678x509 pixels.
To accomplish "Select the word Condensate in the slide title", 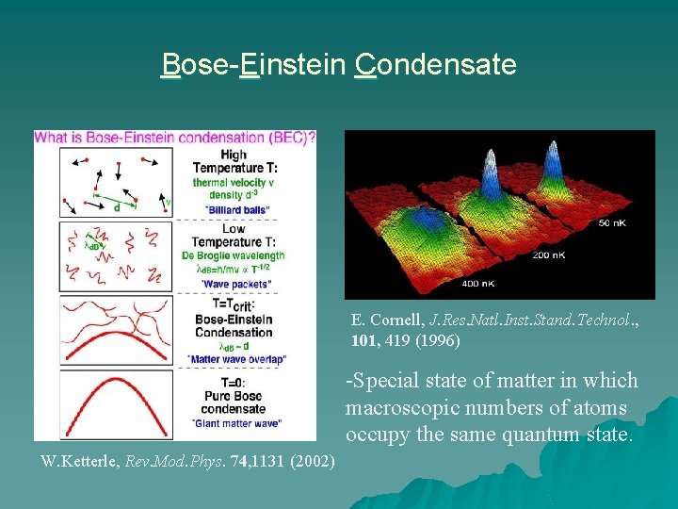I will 435,65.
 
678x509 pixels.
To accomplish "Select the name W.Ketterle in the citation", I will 78,462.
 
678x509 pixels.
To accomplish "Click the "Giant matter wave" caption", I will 233,422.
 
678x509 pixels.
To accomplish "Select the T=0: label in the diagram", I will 233,384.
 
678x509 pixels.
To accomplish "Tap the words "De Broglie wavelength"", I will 233,255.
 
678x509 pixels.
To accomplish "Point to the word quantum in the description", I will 539,434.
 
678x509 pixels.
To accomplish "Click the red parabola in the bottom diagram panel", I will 104,396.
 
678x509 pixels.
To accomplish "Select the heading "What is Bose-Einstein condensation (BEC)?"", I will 175,137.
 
